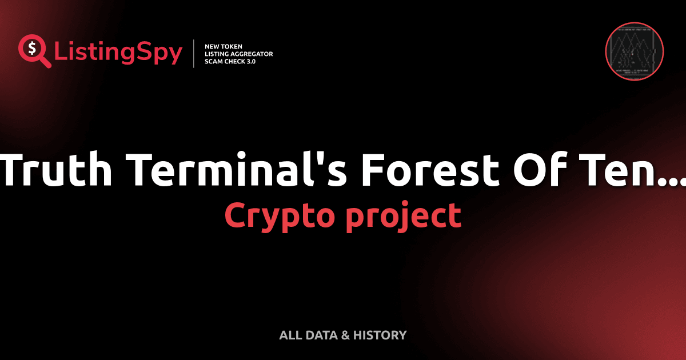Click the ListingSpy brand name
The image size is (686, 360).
point(118,53)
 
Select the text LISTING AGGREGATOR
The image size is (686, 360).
point(238,54)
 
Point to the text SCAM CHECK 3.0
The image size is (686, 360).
point(230,61)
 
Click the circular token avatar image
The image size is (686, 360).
point(634,51)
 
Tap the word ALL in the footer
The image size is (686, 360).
point(290,335)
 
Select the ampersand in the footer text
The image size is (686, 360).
point(345,335)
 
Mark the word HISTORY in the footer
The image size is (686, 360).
point(380,335)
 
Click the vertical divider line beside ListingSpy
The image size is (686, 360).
point(194,54)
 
